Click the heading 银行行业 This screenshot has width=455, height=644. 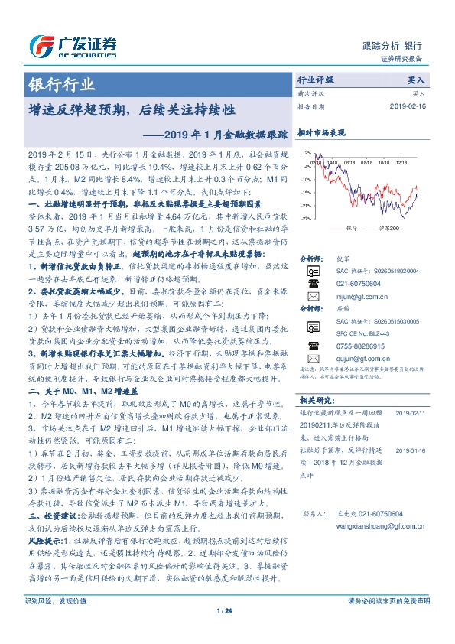(x=62, y=84)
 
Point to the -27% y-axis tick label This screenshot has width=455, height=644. (x=307, y=219)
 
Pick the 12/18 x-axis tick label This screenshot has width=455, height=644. (x=404, y=162)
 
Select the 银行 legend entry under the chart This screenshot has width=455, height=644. (x=351, y=229)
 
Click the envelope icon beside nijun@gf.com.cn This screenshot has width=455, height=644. (x=313, y=294)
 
